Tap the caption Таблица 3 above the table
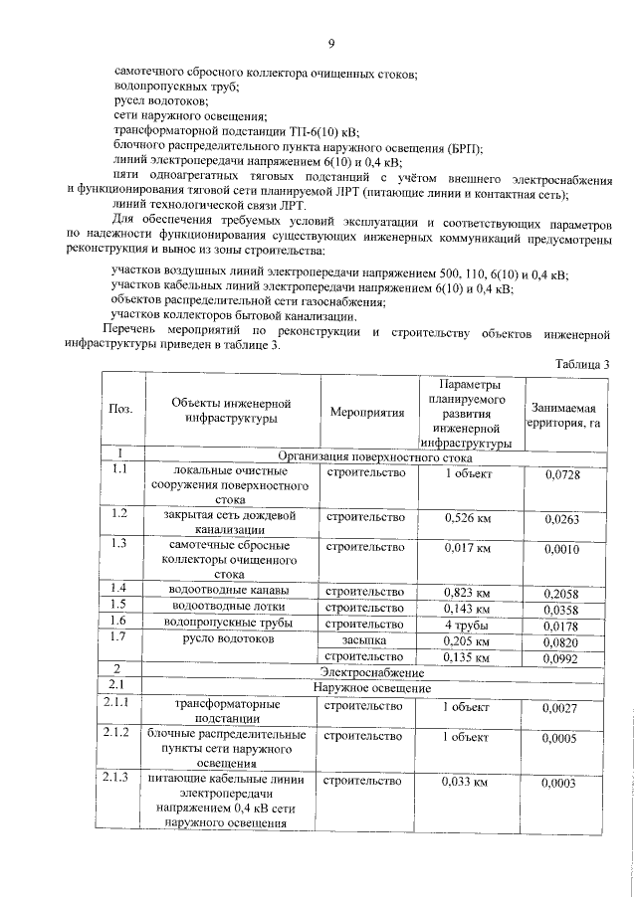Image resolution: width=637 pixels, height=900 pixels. click(x=583, y=364)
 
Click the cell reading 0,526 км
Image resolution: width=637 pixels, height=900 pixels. click(x=467, y=517)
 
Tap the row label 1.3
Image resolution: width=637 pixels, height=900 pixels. click(x=120, y=543)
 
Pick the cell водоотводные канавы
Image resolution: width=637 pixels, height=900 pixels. click(x=230, y=592)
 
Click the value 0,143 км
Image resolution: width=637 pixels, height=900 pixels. click(x=467, y=608)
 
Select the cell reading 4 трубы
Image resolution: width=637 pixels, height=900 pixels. click(x=467, y=625)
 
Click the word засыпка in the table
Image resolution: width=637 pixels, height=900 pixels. click(x=364, y=640)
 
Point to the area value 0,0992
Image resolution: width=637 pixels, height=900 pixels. click(x=562, y=657)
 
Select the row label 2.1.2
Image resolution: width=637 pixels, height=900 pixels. click(x=123, y=734)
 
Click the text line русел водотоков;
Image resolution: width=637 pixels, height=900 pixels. click(x=160, y=102)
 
